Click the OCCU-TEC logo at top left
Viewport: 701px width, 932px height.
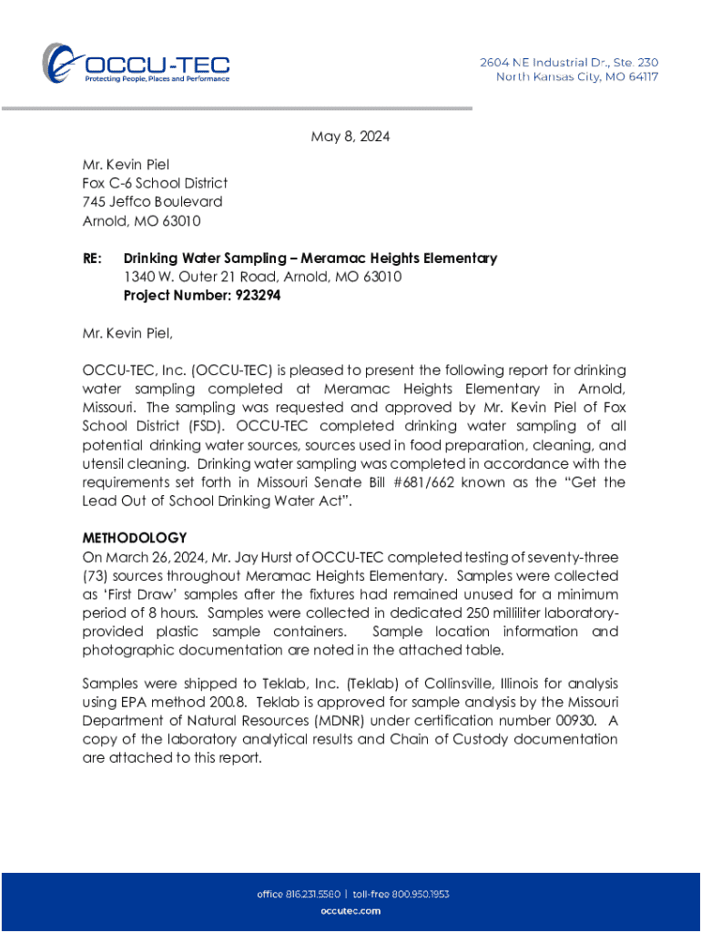pyautogui.click(x=136, y=63)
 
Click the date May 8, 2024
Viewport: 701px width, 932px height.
pyautogui.click(x=350, y=137)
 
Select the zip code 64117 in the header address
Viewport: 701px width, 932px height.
pyautogui.click(x=637, y=76)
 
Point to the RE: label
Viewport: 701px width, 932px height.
pyautogui.click(x=92, y=258)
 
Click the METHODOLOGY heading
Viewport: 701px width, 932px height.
pyautogui.click(x=135, y=538)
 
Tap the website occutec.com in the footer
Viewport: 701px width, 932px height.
pyautogui.click(x=350, y=910)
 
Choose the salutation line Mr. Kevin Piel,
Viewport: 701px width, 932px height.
pyautogui.click(x=127, y=333)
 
